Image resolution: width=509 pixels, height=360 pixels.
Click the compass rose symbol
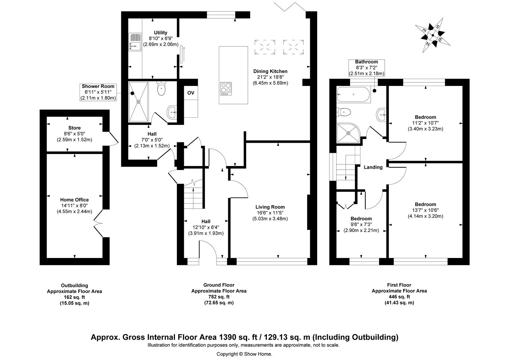pos(433,35)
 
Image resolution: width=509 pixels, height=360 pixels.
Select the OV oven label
pos(191,92)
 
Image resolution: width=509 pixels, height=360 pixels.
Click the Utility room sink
pos(135,42)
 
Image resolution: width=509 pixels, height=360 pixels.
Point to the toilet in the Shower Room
pos(161,89)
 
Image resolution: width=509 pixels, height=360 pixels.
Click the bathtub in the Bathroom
pos(352,95)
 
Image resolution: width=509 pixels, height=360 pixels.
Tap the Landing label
pos(373,167)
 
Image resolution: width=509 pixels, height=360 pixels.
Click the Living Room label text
pos(270,207)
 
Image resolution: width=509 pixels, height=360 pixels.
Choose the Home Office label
pos(74,200)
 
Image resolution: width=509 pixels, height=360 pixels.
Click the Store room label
pos(74,128)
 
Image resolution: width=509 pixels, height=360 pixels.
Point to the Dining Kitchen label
pos(270,71)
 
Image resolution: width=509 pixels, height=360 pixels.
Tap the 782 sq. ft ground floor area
pos(219,297)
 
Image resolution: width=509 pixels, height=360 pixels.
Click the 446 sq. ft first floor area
pos(399,297)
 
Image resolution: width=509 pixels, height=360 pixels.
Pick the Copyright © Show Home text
pos(244,354)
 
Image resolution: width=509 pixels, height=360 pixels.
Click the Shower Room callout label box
pos(98,92)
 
